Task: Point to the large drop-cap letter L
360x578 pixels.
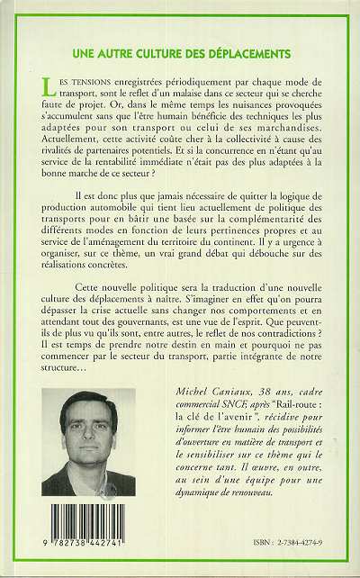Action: click(x=47, y=85)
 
